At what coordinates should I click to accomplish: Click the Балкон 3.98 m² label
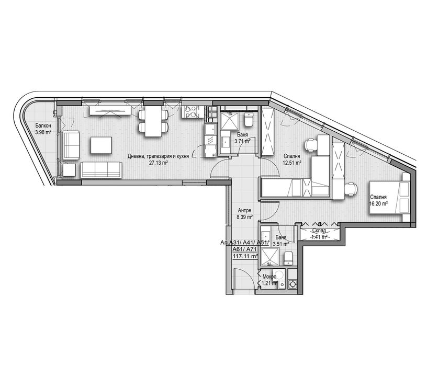pyautogui.click(x=43, y=129)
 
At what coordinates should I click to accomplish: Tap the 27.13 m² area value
pyautogui.click(x=158, y=163)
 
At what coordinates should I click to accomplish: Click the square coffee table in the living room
pyautogui.click(x=101, y=145)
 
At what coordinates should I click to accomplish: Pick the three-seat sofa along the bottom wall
pyautogui.click(x=101, y=169)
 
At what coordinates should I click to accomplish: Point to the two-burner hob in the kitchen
pyautogui.click(x=189, y=111)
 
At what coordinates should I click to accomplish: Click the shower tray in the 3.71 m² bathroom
pyautogui.click(x=229, y=121)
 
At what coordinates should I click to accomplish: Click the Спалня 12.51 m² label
pyautogui.click(x=291, y=159)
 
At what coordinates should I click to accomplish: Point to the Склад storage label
pyautogui.click(x=320, y=231)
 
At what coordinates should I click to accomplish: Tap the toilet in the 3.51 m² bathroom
pyautogui.click(x=288, y=257)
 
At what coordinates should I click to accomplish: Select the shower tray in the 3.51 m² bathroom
pyautogui.click(x=271, y=256)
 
